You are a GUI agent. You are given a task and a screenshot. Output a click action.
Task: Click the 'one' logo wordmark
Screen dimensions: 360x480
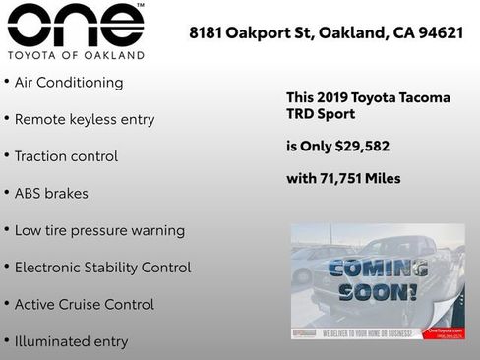pyautogui.click(x=75, y=26)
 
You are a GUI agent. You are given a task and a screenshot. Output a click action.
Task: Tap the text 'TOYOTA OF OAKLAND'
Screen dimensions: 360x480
pyautogui.click(x=76, y=55)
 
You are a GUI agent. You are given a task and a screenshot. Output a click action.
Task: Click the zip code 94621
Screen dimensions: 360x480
pyautogui.click(x=440, y=32)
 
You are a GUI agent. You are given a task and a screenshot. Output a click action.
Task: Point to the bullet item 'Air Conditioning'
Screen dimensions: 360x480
pyautogui.click(x=68, y=83)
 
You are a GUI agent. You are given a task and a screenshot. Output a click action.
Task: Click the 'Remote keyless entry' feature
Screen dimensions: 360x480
pyautogui.click(x=84, y=119)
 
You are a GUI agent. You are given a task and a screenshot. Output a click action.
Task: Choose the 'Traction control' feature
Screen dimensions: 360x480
pyautogui.click(x=66, y=156)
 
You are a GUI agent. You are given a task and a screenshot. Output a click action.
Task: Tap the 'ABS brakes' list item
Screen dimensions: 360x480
pyautogui.click(x=51, y=193)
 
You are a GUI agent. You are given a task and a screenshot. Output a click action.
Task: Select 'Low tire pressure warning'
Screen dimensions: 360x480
pyautogui.click(x=99, y=230)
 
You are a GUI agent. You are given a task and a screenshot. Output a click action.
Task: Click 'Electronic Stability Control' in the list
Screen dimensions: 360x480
pyautogui.click(x=102, y=268)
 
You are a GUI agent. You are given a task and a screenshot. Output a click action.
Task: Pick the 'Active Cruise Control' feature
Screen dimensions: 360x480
pyautogui.click(x=84, y=304)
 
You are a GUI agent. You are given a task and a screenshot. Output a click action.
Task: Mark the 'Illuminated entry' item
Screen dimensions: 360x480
pyautogui.click(x=71, y=341)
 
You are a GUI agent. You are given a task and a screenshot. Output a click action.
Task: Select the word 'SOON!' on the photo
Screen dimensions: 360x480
pyautogui.click(x=379, y=291)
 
